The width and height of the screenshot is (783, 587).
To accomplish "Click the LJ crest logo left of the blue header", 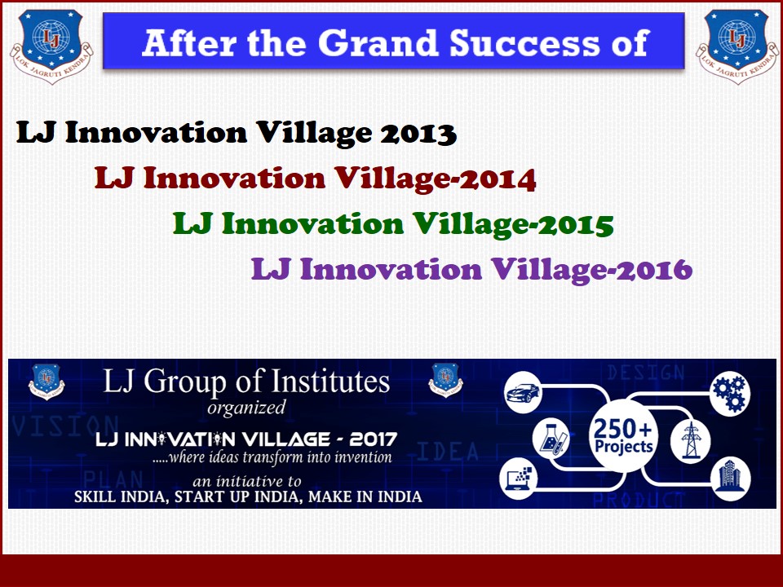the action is [51, 46].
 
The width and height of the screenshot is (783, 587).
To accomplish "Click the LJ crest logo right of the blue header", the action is [737, 46].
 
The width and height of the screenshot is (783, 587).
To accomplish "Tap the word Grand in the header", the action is [378, 42].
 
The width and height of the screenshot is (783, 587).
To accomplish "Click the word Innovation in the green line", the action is [312, 224].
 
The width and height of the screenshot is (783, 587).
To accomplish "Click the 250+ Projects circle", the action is [623, 435].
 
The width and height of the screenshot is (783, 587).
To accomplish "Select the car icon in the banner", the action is [522, 393].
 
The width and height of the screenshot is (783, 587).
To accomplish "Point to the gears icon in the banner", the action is [729, 393].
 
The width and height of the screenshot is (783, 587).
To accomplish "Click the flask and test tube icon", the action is [551, 439].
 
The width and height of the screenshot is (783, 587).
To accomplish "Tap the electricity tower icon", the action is [691, 440].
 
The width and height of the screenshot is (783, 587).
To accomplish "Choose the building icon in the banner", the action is [730, 478].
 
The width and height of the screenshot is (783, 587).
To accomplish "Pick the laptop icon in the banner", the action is [520, 479].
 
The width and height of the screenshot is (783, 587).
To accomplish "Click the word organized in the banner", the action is [246, 408].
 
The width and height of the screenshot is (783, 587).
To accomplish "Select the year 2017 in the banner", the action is [373, 439].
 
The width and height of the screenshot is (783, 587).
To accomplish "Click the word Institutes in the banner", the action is [330, 382].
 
